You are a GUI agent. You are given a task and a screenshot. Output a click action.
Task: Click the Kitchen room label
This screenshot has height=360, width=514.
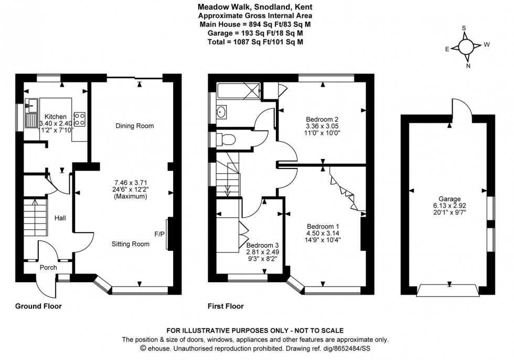click(55, 117)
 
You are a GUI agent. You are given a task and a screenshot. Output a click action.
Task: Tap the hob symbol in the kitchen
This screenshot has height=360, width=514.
click(80, 119)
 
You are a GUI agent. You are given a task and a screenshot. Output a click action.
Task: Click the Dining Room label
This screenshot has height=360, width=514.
click(135, 126)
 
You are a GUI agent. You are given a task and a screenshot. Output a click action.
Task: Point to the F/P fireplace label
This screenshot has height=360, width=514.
click(159, 234)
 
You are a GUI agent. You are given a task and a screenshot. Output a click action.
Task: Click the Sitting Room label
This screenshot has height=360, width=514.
click(131, 244)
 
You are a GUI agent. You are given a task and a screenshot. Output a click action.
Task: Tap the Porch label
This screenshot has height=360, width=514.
click(48, 268)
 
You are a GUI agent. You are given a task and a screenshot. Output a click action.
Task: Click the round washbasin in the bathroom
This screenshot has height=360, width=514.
click(221, 111)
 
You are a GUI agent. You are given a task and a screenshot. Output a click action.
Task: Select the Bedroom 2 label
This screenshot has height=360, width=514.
click(320, 119)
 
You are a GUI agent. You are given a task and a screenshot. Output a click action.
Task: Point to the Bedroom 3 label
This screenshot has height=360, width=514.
click(262, 245)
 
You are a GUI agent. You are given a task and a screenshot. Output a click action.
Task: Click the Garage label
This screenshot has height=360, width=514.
click(449, 199)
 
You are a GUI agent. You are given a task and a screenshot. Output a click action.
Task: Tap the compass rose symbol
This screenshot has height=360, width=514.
click(465, 46)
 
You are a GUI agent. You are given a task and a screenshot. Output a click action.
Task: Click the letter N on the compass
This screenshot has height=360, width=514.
click(468, 66)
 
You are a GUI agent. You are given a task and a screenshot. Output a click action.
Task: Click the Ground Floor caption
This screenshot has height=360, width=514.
click(38, 306)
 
